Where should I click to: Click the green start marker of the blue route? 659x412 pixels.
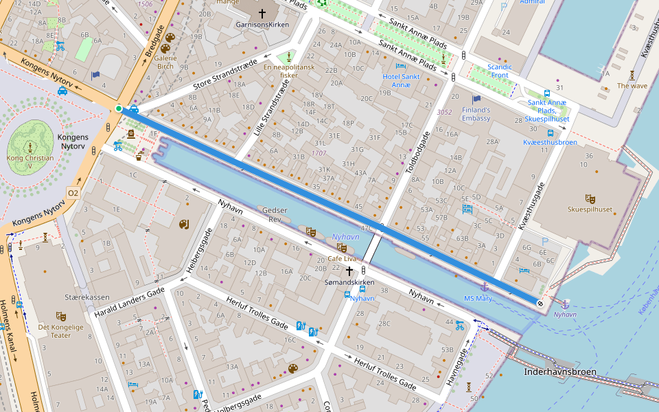coord(119,108)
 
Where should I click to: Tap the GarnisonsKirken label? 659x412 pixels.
coord(261,24)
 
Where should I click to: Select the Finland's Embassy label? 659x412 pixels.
coord(476,114)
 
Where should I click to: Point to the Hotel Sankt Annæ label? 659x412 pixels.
coord(401,80)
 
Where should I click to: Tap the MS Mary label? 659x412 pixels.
coord(478,298)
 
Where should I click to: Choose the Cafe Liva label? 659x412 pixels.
coord(342,259)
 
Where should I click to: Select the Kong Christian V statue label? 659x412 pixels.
coord(30,162)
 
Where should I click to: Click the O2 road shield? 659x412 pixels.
coord(73,192)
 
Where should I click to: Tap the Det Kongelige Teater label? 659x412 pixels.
coord(60,331)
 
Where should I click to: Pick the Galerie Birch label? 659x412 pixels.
coord(165,62)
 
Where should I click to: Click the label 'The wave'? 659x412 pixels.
coord(632,86)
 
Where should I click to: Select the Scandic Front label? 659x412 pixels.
coord(499,71)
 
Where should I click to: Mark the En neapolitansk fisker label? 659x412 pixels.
coord(289,71)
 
